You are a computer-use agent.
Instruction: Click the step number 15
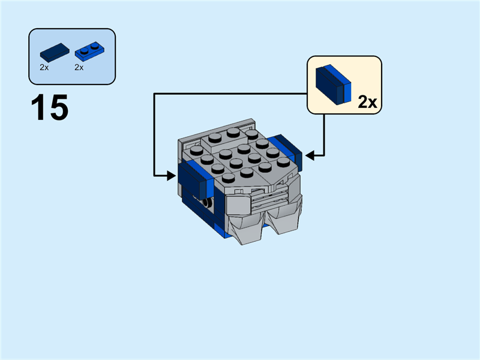(50, 108)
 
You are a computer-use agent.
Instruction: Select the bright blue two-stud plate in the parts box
(88, 53)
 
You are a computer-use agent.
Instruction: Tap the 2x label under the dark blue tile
(44, 68)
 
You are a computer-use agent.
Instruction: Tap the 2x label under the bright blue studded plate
(79, 68)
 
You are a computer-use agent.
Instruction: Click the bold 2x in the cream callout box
(367, 102)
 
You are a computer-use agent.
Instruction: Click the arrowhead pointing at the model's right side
(308, 156)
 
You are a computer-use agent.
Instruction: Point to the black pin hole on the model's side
(208, 203)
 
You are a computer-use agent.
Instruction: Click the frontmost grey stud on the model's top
(227, 178)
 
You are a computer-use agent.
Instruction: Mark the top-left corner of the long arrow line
(154, 93)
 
